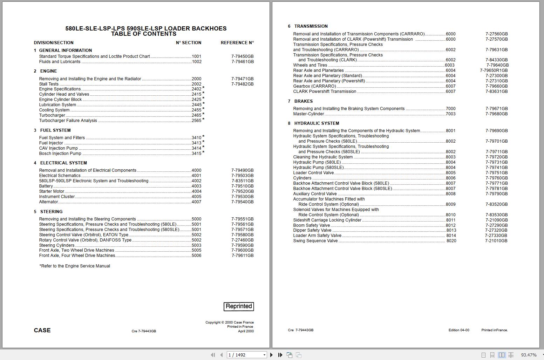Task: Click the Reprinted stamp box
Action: tap(239, 306)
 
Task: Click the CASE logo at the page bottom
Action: tap(42, 330)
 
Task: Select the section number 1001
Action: tap(196, 56)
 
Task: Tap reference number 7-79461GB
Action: tap(242, 62)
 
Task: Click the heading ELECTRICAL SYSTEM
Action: tap(63, 163)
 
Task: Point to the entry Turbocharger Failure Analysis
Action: tap(68, 121)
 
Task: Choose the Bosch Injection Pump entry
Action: tap(60, 154)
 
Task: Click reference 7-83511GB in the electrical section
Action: tap(242, 181)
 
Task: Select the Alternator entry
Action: tap(48, 202)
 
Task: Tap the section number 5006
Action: tap(196, 256)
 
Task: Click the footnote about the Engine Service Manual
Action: tap(75, 266)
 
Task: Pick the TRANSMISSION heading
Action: tap(311, 26)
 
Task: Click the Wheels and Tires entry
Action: tap(310, 65)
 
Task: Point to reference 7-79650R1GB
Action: tap(494, 70)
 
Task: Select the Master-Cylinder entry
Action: tap(308, 114)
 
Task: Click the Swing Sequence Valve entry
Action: tap(315, 241)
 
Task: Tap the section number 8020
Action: tap(451, 241)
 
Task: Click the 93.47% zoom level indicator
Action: tap(529, 355)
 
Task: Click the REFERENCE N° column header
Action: tap(237, 43)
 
